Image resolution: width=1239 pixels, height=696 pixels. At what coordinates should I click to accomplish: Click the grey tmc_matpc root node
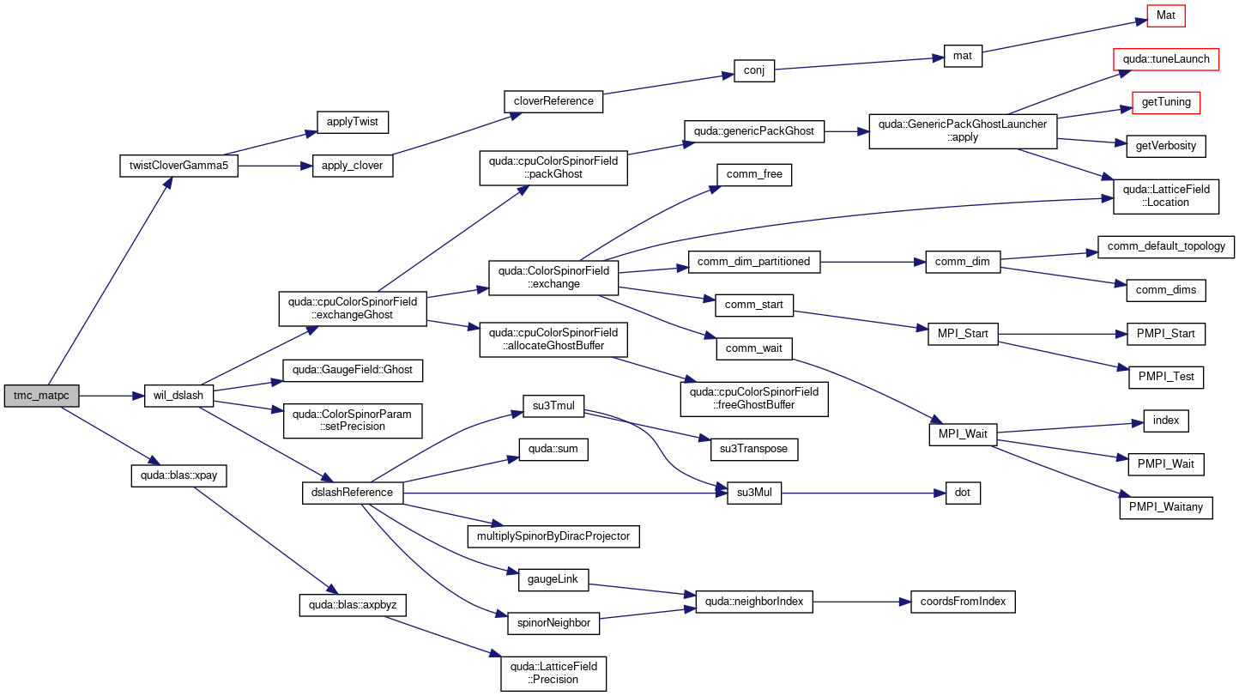coord(41,396)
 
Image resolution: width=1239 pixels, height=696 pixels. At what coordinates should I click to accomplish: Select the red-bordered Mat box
coord(1166,15)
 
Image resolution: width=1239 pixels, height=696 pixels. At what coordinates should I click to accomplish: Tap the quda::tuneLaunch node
coord(1166,59)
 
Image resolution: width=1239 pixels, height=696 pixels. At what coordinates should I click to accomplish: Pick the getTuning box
coord(1166,102)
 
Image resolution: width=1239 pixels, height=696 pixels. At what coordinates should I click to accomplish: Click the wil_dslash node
coord(178,396)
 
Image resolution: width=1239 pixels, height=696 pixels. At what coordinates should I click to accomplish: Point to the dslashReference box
coord(353,493)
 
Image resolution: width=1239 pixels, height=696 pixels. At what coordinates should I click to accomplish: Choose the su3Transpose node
coord(754,449)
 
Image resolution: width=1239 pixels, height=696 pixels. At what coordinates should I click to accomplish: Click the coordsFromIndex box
coord(963,602)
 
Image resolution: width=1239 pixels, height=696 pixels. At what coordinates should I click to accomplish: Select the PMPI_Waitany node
coord(1166,508)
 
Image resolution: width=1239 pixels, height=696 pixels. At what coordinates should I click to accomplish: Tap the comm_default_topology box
coord(1166,247)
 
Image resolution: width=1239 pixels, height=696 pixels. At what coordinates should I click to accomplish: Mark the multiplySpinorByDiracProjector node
coord(553,536)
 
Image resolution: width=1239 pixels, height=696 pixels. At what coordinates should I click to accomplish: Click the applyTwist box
coord(353,122)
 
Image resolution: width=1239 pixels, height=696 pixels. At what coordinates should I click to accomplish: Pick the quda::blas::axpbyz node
coord(353,605)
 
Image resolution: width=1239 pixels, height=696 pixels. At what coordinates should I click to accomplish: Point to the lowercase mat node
coord(963,56)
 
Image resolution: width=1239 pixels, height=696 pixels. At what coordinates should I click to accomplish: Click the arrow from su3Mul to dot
coord(863,493)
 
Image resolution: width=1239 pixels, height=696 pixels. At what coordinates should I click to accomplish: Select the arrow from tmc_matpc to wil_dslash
coord(112,396)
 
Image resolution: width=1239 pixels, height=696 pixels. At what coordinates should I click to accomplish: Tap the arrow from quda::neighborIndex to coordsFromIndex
coord(861,602)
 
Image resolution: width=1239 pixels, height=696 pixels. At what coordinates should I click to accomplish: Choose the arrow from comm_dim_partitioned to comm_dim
coord(873,262)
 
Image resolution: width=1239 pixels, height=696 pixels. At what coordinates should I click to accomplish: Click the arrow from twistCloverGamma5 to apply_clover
coord(275,166)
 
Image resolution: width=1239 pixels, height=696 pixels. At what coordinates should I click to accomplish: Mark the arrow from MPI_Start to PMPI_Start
coord(1062,334)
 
